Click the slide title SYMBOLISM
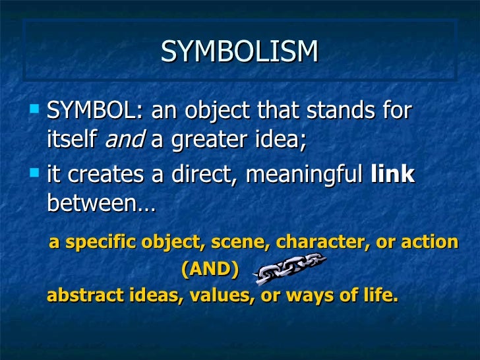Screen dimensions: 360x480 239,52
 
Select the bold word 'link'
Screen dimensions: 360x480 393,175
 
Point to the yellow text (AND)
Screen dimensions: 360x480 209,269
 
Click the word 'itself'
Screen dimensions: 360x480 73,140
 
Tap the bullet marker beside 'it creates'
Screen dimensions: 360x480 36,171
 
